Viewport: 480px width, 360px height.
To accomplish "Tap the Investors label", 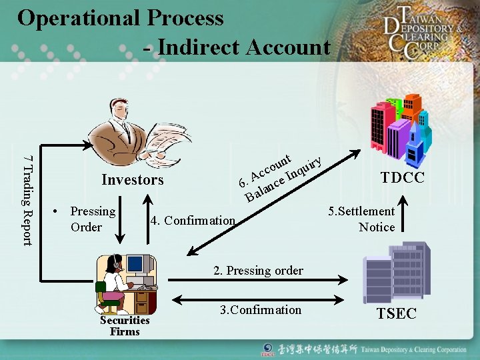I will [132, 179].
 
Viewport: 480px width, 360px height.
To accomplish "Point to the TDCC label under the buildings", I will [403, 178].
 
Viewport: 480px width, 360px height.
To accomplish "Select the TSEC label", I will [396, 313].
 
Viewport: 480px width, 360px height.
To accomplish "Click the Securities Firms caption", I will [125, 325].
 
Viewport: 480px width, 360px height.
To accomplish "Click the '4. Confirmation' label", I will [193, 220].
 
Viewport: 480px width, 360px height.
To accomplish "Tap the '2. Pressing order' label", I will [258, 270].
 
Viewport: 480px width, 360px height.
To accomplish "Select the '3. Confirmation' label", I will [261, 309].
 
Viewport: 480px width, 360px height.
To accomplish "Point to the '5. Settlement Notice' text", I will [362, 219].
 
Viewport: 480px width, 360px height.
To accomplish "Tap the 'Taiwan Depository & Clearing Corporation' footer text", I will [414, 349].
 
